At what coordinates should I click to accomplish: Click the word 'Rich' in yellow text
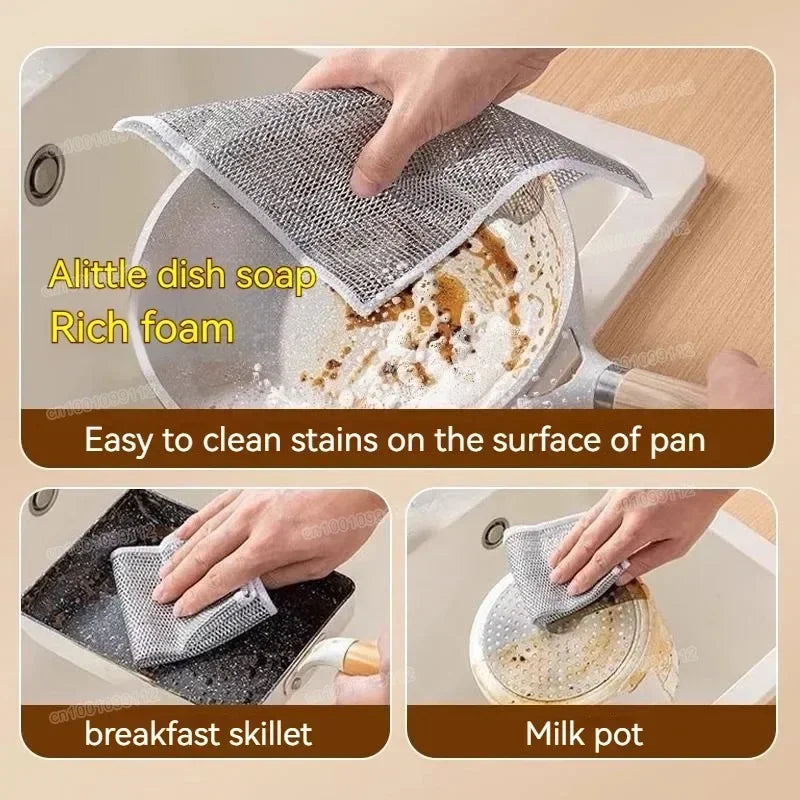[93, 326]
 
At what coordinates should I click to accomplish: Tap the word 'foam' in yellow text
[185, 326]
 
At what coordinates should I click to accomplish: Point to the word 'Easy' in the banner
[119, 439]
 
